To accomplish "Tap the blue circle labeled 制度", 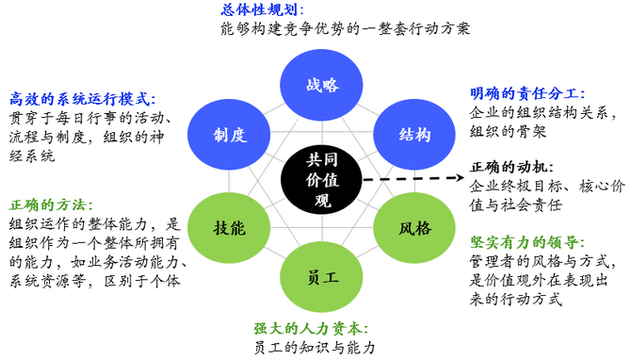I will [x=230, y=134].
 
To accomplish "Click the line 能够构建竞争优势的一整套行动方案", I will [x=343, y=29].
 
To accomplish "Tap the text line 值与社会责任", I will [x=515, y=205].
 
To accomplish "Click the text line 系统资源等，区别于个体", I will [x=94, y=280].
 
